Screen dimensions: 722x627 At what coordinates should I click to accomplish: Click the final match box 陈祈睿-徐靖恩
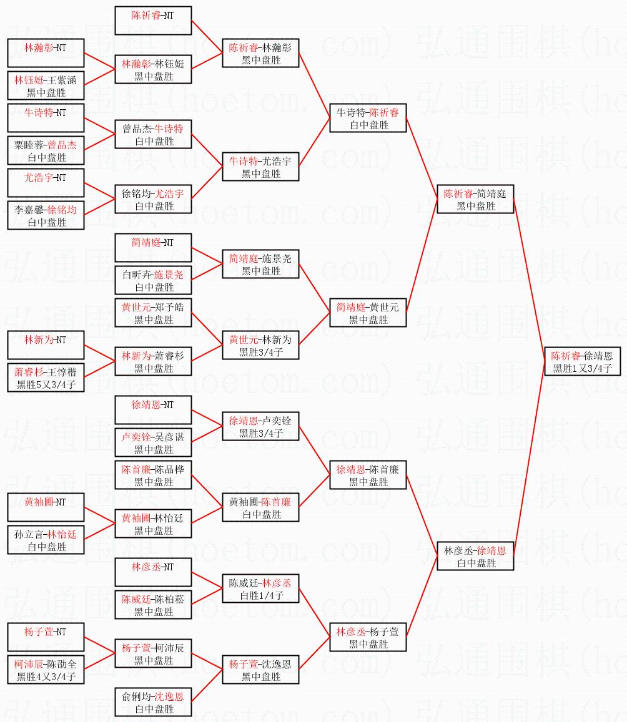(582, 361)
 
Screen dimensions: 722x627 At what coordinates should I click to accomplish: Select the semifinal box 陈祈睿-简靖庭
(475, 199)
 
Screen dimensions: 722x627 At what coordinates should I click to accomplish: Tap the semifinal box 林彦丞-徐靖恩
(475, 556)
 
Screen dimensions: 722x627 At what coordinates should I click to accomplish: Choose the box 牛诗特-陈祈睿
(368, 118)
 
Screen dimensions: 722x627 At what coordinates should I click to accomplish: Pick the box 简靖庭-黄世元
(368, 313)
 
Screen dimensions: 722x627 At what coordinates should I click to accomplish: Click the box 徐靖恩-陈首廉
(368, 475)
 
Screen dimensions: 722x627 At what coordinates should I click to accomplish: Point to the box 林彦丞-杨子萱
(368, 637)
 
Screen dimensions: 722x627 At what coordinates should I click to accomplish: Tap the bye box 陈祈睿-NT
(153, 21)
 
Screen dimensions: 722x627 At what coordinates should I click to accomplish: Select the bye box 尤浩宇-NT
(46, 183)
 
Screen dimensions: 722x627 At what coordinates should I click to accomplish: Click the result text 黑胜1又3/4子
(582, 368)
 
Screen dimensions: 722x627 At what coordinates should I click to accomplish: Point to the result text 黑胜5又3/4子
(46, 384)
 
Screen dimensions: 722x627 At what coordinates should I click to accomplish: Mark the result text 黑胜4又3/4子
(46, 676)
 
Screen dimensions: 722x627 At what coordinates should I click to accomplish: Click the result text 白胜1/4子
(261, 595)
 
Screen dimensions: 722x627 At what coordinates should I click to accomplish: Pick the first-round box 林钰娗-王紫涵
(46, 85)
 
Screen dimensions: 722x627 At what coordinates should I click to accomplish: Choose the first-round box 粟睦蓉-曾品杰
(46, 150)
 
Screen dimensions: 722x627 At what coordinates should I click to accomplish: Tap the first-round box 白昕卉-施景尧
(153, 280)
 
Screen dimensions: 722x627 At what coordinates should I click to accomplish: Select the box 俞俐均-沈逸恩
(153, 702)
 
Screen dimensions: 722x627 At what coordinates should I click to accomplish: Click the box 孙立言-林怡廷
(46, 540)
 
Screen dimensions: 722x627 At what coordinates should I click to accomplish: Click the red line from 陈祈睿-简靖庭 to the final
(529, 281)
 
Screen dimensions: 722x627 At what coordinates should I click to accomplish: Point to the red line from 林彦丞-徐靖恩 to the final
(529, 462)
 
